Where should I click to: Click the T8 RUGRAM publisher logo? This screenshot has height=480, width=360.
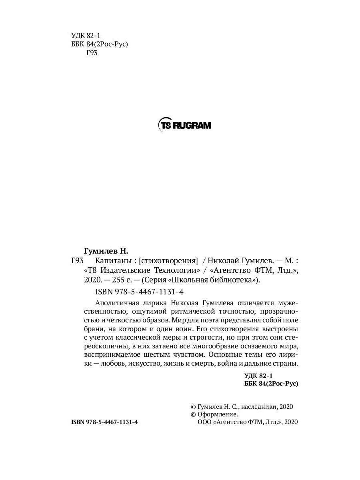[x=184, y=125]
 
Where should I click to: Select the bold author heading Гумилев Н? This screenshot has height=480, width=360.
[x=106, y=251]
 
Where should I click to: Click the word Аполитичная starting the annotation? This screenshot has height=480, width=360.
[x=118, y=302]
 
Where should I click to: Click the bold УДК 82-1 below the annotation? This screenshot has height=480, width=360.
[x=258, y=376]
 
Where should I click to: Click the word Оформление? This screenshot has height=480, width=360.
[x=218, y=414]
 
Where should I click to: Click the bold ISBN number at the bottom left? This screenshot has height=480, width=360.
[x=104, y=422]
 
